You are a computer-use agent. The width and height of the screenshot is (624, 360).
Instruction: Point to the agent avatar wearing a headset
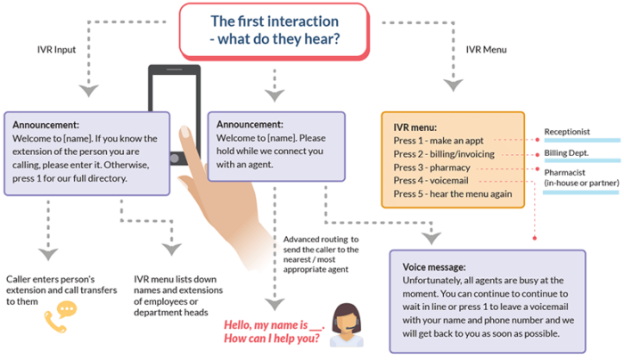(345, 320)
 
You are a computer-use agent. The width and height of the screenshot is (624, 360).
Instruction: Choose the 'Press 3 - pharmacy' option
(431, 167)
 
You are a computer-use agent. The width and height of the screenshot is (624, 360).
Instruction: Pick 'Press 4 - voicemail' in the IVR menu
(431, 180)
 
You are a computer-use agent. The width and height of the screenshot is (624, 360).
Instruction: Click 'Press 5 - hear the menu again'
(452, 193)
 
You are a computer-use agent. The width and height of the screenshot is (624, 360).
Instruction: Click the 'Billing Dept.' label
(568, 153)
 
